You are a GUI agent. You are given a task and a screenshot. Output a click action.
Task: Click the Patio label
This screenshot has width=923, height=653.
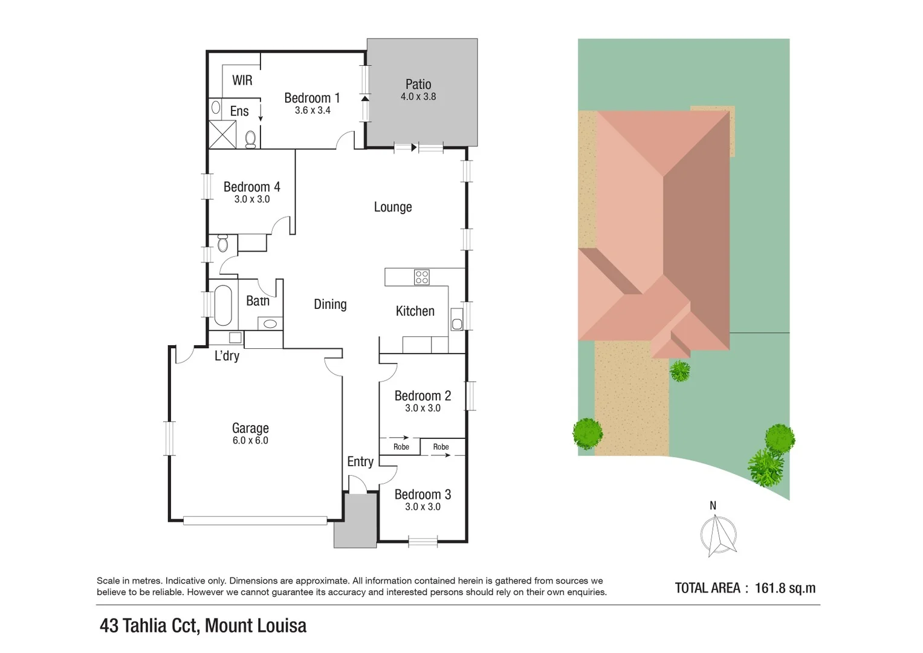pyautogui.click(x=418, y=85)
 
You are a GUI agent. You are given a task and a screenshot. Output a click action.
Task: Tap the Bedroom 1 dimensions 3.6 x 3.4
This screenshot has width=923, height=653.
pyautogui.click(x=313, y=111)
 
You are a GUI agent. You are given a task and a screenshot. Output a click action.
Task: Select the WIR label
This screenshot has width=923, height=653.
pyautogui.click(x=242, y=80)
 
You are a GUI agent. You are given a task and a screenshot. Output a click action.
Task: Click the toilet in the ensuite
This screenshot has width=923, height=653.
pyautogui.click(x=251, y=139)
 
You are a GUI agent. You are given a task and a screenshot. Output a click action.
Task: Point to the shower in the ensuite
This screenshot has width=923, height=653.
pyautogui.click(x=222, y=134)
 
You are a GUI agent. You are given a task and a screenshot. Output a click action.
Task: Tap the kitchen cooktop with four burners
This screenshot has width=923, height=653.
pyautogui.click(x=422, y=278)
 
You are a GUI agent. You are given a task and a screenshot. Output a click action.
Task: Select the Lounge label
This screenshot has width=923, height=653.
pyautogui.click(x=393, y=207)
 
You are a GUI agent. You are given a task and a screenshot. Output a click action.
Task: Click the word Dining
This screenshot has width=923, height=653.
pyautogui.click(x=330, y=304)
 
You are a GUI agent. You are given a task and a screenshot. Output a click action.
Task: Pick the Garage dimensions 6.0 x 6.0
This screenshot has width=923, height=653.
pyautogui.click(x=250, y=441)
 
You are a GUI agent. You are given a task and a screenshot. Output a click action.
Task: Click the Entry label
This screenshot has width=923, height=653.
pyautogui.click(x=360, y=461)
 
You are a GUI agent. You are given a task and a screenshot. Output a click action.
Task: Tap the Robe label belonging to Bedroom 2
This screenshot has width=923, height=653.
pyautogui.click(x=401, y=447)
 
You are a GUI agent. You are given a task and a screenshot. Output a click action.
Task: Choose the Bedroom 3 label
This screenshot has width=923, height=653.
pyautogui.click(x=423, y=495)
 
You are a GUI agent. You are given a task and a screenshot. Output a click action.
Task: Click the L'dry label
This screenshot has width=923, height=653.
pyautogui.click(x=227, y=356)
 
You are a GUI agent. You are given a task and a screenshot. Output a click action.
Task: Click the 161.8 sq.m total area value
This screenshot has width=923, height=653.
pyautogui.click(x=785, y=588)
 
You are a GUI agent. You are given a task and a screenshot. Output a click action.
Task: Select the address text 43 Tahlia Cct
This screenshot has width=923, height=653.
pyautogui.click(x=149, y=625)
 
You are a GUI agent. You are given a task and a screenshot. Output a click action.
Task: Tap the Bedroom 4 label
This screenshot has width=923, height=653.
pyautogui.click(x=251, y=187)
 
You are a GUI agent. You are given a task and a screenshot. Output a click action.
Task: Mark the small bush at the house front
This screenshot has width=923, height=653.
pyautogui.click(x=680, y=371)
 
